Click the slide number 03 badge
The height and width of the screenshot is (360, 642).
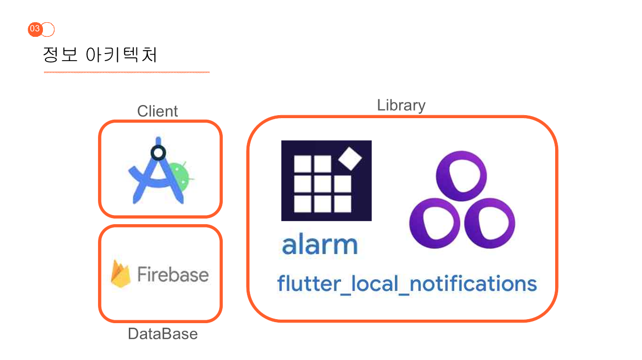coord(35,29)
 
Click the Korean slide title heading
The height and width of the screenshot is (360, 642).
coord(100,55)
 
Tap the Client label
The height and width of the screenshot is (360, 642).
coord(158,111)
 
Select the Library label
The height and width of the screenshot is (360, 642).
coord(401,105)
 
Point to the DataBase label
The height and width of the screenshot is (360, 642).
coord(163,334)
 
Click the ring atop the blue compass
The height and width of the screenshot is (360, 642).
coord(158,152)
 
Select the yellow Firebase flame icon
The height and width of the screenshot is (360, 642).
coord(121,274)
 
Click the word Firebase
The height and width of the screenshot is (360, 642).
coord(173,275)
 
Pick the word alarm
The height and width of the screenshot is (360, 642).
coord(320,245)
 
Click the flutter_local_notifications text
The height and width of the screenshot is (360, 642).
coord(407,284)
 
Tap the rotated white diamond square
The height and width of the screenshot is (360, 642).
coord(351,158)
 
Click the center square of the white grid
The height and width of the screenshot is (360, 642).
coord(322,183)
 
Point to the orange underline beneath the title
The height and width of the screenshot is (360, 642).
coord(126,72)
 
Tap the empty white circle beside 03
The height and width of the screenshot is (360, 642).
coord(48,30)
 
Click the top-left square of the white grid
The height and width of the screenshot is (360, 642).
coord(303,164)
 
